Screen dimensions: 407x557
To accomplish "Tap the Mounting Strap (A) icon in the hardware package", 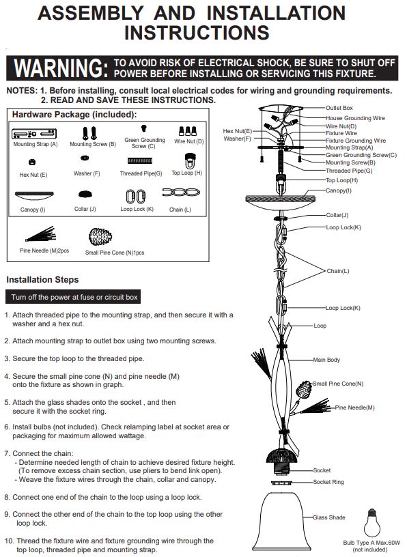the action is (x=34, y=134).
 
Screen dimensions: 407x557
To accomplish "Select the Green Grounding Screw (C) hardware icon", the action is (x=143, y=128).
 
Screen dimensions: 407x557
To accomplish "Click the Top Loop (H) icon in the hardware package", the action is (x=190, y=160).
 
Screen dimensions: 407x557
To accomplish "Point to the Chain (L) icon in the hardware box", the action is (x=181, y=192).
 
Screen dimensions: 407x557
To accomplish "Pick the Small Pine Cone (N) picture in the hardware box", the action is (x=100, y=236).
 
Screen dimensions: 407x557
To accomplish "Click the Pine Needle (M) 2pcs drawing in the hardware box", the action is (x=41, y=234).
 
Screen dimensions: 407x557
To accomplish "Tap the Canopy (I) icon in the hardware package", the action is (x=34, y=195).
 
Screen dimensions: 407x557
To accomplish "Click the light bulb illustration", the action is (x=371, y=522).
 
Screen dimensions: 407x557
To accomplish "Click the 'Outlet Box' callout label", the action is (x=339, y=108).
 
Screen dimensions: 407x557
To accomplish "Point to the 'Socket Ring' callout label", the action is (x=328, y=482).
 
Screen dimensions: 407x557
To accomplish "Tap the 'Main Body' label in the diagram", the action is (x=326, y=360).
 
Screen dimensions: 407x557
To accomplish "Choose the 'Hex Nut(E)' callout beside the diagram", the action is (x=237, y=131).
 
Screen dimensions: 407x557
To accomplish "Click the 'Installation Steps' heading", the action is (x=42, y=280).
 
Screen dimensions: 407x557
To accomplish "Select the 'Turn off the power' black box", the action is (x=73, y=297).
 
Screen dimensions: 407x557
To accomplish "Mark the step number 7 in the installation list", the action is (x=6, y=453).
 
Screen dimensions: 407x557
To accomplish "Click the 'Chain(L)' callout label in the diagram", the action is (x=337, y=271).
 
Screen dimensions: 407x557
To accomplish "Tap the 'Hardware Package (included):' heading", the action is (x=74, y=115).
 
